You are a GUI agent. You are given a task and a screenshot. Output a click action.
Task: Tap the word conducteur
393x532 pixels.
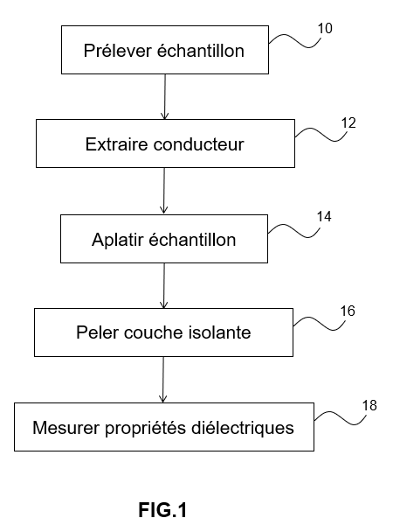tap(199, 144)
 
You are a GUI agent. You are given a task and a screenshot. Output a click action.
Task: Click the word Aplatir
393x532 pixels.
tap(117, 241)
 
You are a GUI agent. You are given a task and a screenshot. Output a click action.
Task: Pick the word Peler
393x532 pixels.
tap(97, 332)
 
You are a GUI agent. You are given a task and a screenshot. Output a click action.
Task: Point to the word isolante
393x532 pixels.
tap(219, 332)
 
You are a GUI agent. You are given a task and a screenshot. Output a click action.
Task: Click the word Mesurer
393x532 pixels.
tap(66, 428)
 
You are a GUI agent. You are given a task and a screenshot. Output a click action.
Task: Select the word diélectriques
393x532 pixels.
tap(243, 428)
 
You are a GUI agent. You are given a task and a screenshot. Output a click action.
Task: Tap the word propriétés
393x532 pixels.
tap(146, 428)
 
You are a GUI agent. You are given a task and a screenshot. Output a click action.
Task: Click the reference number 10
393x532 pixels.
tap(325, 29)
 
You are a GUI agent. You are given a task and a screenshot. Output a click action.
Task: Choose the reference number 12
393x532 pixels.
tap(348, 123)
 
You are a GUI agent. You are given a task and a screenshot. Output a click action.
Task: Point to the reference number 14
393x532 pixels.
tap(324, 217)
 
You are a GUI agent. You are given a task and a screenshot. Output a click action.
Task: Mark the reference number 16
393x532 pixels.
tap(348, 311)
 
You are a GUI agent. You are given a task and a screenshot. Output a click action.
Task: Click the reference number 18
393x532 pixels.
tap(369, 405)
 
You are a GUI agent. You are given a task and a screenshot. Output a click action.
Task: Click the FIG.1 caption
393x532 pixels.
tap(162, 510)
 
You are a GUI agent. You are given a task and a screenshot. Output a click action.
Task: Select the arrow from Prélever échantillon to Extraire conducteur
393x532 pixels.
tap(165, 97)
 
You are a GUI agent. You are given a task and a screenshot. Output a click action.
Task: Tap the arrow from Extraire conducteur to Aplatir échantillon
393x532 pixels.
tap(164, 191)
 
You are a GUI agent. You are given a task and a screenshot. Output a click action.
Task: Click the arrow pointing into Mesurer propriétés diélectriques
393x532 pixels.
tap(163, 380)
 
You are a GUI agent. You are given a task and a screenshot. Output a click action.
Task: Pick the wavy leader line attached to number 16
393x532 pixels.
tap(320, 323)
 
